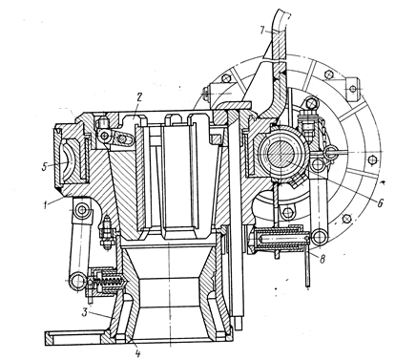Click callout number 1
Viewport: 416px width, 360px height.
pyautogui.click(x=46, y=204)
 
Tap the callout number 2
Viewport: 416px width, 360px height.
pyautogui.click(x=138, y=97)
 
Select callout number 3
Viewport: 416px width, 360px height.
pyautogui.click(x=85, y=312)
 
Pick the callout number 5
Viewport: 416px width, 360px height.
pyautogui.click(x=45, y=166)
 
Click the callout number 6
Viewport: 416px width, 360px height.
pyautogui.click(x=380, y=202)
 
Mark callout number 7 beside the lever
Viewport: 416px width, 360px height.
pyautogui.click(x=262, y=31)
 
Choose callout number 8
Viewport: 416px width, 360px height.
pyautogui.click(x=322, y=260)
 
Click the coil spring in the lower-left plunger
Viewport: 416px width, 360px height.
pyautogui.click(x=111, y=282)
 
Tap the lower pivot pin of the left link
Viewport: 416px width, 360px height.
pyautogui.click(x=77, y=281)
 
